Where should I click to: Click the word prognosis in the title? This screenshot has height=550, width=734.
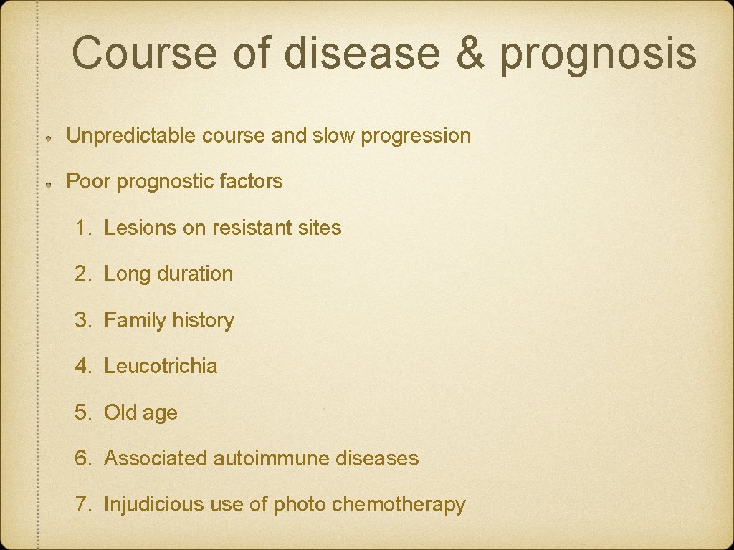pyautogui.click(x=598, y=54)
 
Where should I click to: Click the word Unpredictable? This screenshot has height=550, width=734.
pyautogui.click(x=131, y=135)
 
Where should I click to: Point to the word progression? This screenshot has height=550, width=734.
pyautogui.click(x=416, y=136)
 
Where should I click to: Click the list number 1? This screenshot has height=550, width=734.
pyautogui.click(x=83, y=228)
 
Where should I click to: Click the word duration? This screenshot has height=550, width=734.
pyautogui.click(x=195, y=274)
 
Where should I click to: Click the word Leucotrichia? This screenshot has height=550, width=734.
pyautogui.click(x=161, y=366)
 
